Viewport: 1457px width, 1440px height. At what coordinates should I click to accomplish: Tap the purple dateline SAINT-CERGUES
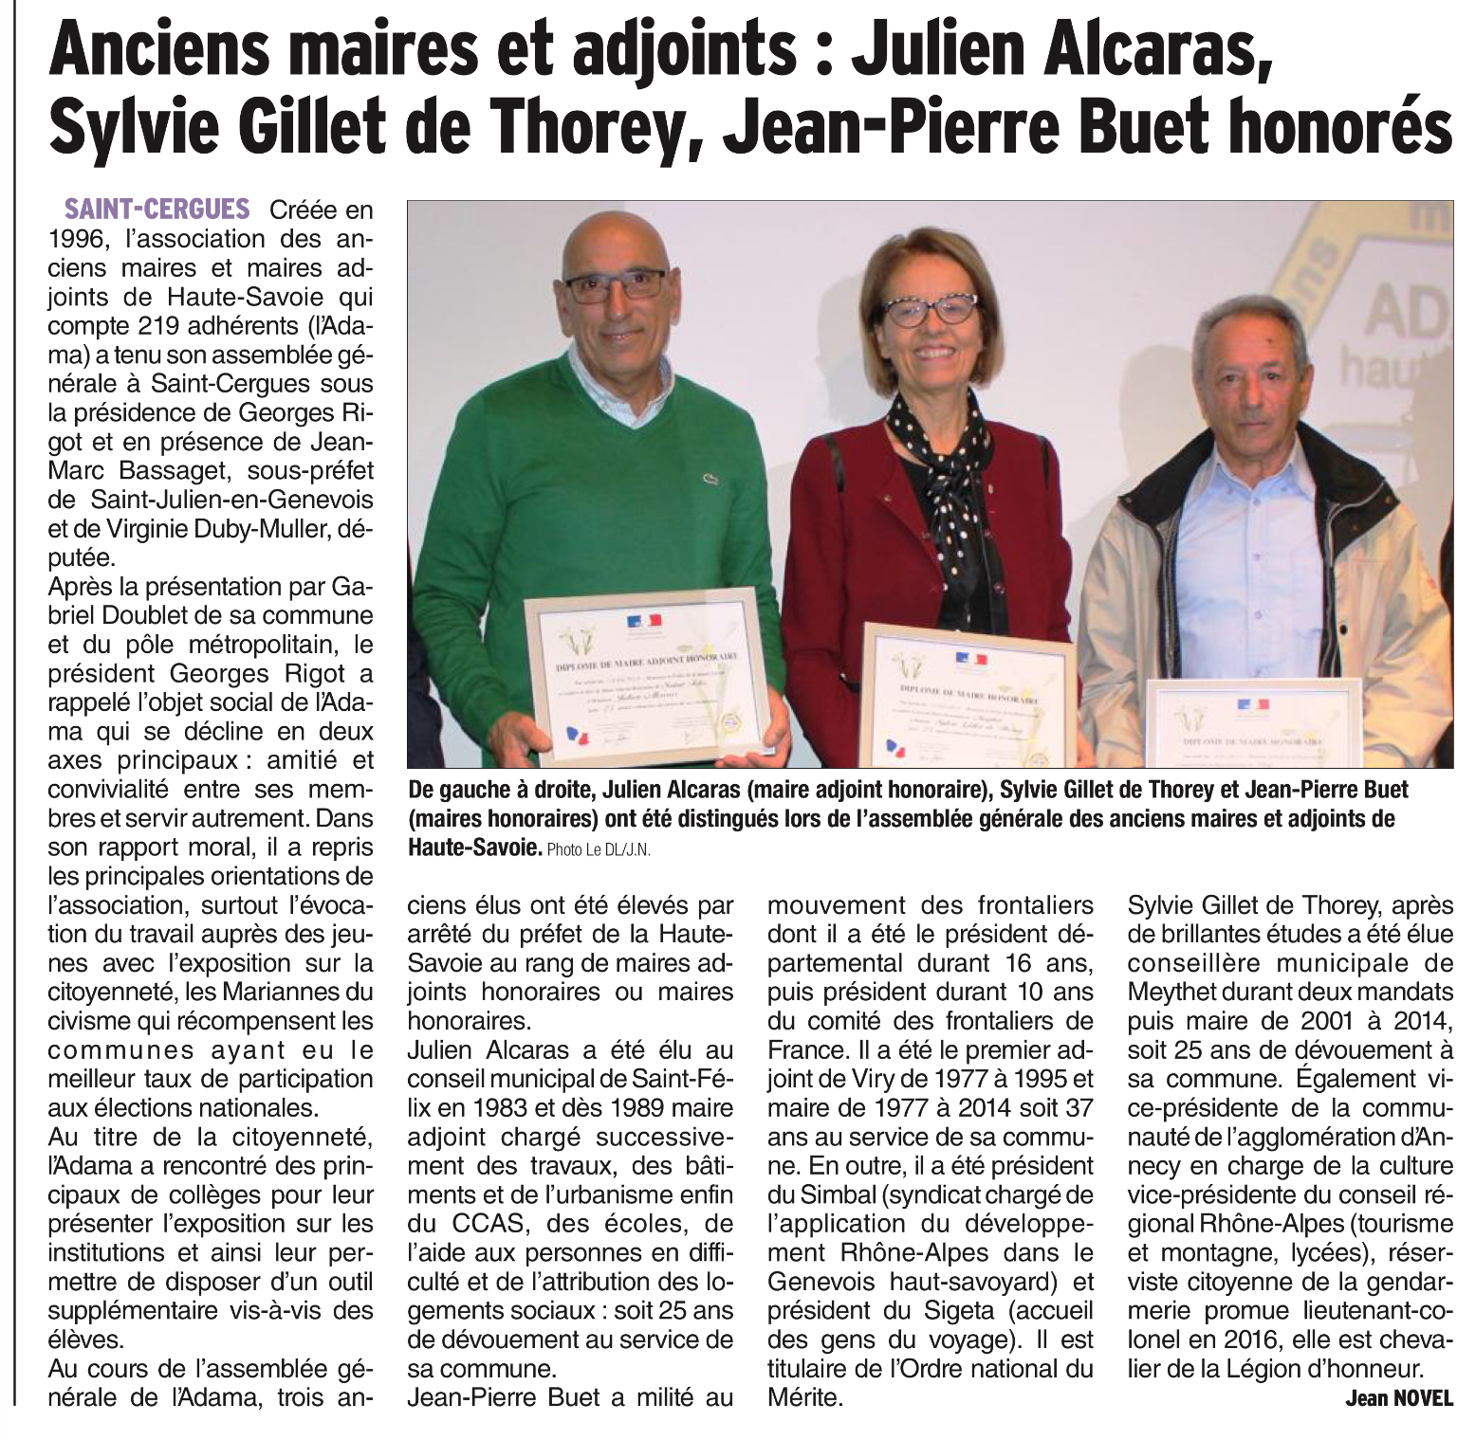coord(157,209)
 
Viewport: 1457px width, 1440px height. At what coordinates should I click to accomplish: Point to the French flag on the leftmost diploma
coord(644,622)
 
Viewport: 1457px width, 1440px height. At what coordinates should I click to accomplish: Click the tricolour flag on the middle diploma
coord(970,658)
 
